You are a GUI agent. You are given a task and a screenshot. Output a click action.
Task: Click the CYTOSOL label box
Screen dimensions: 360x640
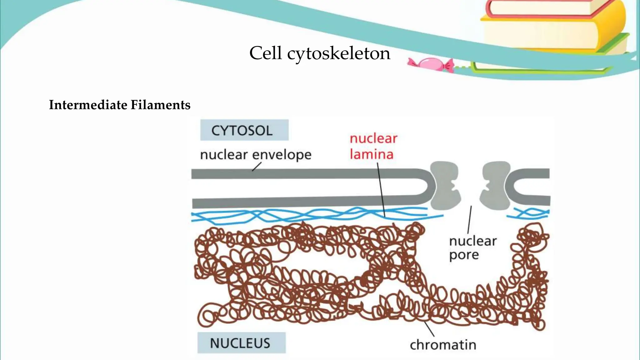[x=244, y=130]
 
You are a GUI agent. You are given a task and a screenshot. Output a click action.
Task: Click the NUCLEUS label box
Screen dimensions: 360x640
[x=241, y=343]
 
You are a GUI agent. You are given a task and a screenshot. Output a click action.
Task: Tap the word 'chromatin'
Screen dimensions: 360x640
[x=443, y=345]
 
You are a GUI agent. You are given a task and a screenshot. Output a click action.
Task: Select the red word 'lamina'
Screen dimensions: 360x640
[x=371, y=154]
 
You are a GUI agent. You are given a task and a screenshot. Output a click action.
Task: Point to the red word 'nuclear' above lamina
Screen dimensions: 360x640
[x=373, y=138]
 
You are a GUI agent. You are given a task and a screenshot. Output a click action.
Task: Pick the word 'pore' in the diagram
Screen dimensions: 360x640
[x=464, y=255]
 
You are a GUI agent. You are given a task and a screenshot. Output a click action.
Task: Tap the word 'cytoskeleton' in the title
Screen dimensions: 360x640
[x=339, y=53]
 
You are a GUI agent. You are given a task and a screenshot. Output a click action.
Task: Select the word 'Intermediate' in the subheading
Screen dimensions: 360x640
[x=88, y=105]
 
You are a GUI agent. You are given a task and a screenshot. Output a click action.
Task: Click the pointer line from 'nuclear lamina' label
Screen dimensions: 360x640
[x=381, y=191]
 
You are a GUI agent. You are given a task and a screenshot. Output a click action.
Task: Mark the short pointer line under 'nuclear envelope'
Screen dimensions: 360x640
[x=256, y=167]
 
